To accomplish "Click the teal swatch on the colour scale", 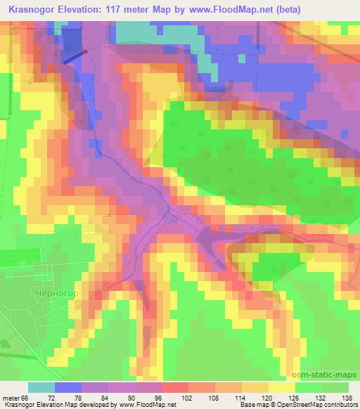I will click(41, 387).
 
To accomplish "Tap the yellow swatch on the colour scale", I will click(281, 387).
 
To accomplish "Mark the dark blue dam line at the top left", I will click(75, 56).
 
